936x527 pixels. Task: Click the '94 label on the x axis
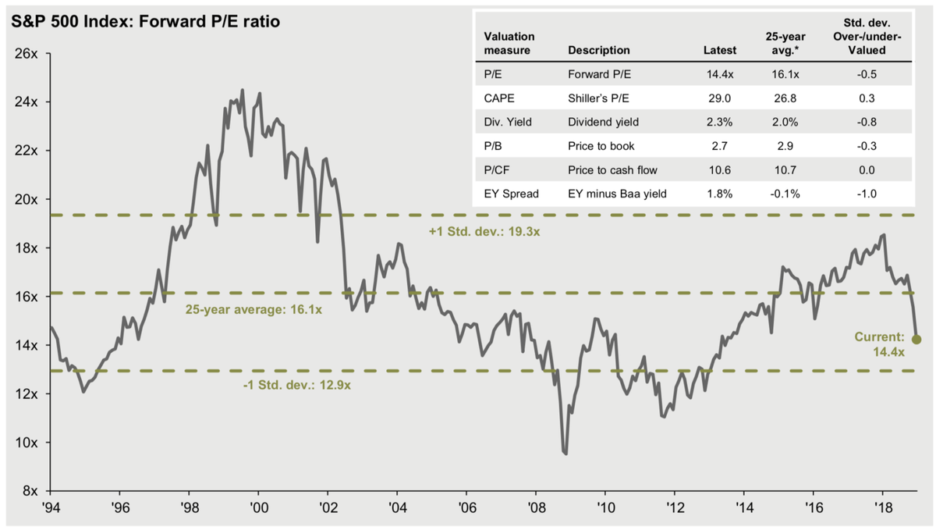50,506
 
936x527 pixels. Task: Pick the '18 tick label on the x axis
883,506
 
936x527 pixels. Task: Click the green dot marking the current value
916,340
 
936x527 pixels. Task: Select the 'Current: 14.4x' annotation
880,344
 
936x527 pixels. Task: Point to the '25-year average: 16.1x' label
253,309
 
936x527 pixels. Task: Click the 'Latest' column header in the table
719,50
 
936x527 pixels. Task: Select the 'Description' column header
599,50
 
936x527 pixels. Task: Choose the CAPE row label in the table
500,98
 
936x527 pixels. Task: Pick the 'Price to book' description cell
601,146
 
